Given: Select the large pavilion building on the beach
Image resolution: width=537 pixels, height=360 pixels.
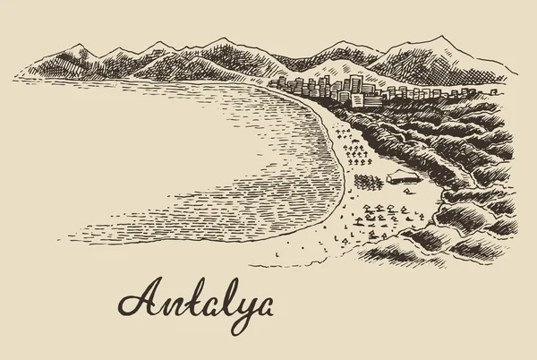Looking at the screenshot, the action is click(x=402, y=177).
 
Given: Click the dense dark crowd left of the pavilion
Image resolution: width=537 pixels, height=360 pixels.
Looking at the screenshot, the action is click(x=367, y=181).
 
